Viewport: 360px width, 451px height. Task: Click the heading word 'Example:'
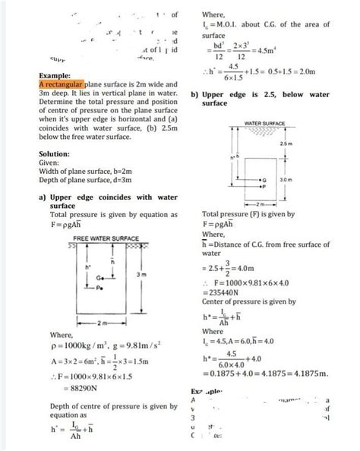[54, 77]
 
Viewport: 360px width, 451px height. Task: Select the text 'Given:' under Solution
[49, 162]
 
